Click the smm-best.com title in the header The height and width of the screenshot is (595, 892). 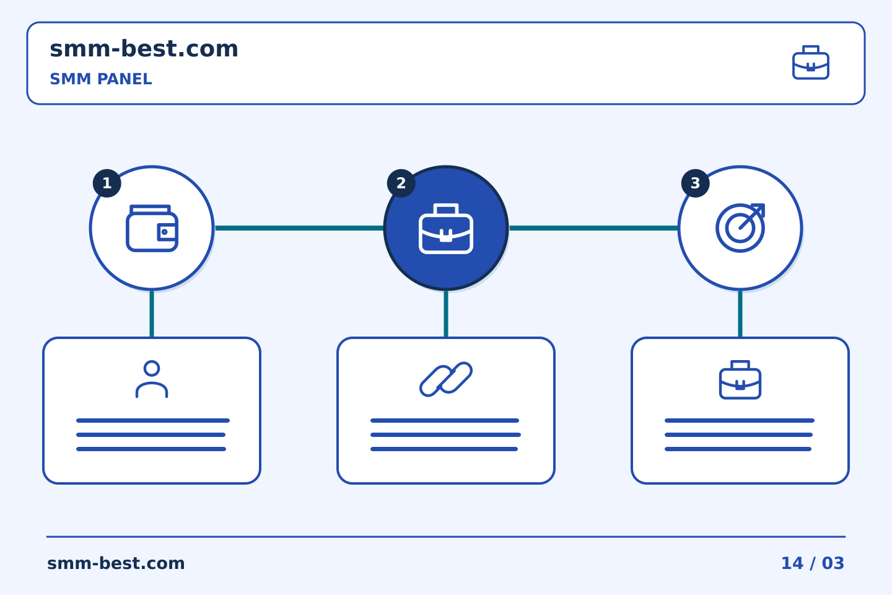pyautogui.click(x=144, y=49)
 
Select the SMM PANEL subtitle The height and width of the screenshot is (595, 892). pyautogui.click(x=101, y=79)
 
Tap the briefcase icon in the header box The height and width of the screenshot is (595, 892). pyautogui.click(x=811, y=63)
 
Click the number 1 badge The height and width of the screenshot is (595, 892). pyautogui.click(x=107, y=183)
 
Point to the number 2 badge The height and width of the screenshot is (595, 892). pyautogui.click(x=401, y=183)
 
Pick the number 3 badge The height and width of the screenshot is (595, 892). pyautogui.click(x=695, y=183)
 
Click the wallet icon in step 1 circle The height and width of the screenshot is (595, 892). pyautogui.click(x=152, y=228)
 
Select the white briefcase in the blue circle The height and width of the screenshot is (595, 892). pyautogui.click(x=446, y=228)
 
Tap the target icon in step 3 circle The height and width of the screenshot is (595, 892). pyautogui.click(x=740, y=228)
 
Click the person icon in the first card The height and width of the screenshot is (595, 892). pyautogui.click(x=152, y=379)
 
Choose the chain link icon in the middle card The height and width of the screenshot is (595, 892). pyautogui.click(x=446, y=379)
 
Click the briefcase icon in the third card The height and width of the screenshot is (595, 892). pyautogui.click(x=740, y=380)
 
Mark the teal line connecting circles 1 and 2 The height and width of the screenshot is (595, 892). pyautogui.click(x=299, y=228)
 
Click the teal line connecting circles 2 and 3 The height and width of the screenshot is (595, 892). pyautogui.click(x=593, y=228)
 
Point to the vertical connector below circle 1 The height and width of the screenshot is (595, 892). pyautogui.click(x=152, y=314)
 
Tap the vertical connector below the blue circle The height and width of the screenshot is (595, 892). pyautogui.click(x=446, y=314)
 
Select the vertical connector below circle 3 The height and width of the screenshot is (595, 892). pyautogui.click(x=740, y=314)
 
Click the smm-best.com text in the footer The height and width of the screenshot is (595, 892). pyautogui.click(x=116, y=563)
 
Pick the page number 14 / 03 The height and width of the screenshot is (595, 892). pyautogui.click(x=813, y=563)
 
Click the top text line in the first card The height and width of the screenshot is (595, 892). pyautogui.click(x=153, y=420)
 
